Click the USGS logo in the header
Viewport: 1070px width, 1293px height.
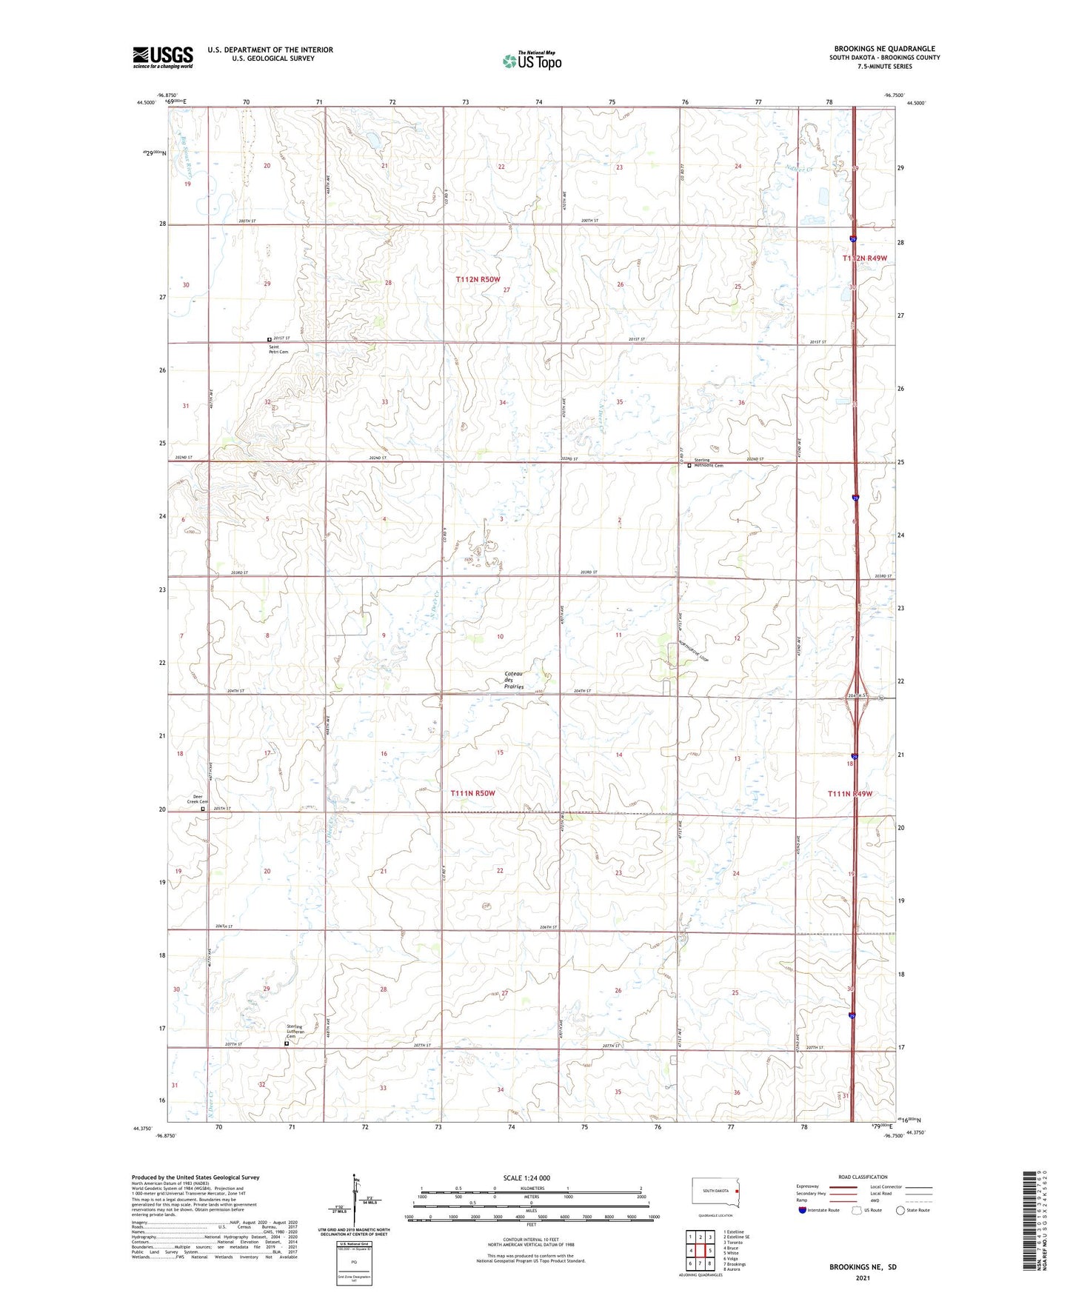162,57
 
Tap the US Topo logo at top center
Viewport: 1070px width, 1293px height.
532,60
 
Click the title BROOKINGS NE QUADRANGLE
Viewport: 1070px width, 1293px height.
884,49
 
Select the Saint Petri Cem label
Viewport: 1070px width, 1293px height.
278,350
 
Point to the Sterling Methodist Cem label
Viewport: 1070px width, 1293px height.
708,463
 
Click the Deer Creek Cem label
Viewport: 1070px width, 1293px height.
196,799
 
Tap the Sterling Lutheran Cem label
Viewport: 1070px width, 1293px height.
296,1032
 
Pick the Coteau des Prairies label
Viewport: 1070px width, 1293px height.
514,680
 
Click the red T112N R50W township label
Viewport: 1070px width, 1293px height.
478,279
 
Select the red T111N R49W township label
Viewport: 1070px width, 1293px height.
850,794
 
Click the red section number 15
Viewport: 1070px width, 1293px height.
500,752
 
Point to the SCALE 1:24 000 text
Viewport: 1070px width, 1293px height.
526,1177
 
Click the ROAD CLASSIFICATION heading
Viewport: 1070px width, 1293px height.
863,1177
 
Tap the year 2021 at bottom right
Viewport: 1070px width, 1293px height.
862,1278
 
